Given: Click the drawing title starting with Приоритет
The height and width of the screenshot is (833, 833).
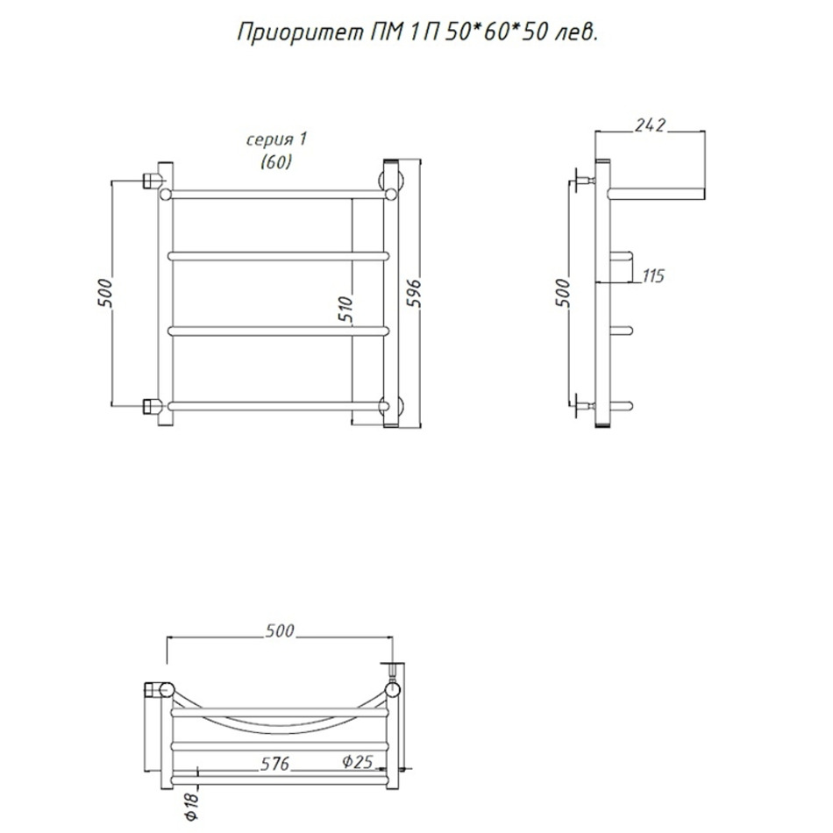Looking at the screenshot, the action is (417, 33).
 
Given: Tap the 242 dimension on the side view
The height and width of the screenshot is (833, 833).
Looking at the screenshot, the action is (650, 125).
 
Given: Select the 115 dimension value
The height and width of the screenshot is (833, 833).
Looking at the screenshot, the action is (653, 275).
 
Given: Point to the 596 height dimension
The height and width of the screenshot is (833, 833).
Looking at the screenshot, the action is (413, 292).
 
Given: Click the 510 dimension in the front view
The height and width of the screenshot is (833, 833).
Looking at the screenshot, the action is (345, 310).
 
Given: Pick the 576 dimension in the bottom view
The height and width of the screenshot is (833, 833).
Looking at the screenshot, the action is (274, 764).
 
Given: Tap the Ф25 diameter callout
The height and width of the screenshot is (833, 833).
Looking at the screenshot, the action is (358, 761).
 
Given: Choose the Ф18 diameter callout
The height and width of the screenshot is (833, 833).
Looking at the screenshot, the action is (191, 806).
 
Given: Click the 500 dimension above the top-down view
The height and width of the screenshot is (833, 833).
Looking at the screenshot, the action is (280, 630).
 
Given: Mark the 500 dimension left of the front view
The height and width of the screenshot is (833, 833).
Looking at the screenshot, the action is (104, 292).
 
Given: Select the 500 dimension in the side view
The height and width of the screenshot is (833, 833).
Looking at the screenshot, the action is (563, 292).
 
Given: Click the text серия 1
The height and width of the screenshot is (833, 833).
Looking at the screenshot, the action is (276, 139).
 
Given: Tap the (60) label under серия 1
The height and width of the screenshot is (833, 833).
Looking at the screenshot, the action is (276, 161).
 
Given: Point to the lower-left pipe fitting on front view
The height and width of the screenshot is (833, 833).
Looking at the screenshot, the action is (153, 406).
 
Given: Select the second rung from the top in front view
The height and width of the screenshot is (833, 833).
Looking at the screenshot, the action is (278, 256).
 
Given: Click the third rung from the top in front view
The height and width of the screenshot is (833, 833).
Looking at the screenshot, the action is (278, 331).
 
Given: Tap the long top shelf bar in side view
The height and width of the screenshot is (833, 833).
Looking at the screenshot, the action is (657, 194).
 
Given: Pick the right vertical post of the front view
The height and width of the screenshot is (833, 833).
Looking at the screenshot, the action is (391, 293).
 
